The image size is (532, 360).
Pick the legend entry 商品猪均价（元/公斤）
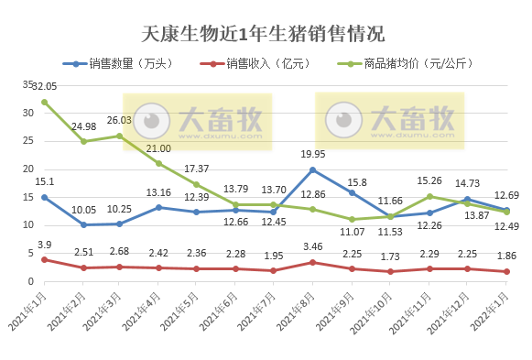417,64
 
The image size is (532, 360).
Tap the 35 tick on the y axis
27,84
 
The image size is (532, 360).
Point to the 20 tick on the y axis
27,169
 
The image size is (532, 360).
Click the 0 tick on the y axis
30,282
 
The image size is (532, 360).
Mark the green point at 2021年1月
44,102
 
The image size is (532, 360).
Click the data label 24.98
83,125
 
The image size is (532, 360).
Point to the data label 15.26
429,180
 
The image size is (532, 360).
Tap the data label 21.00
158,148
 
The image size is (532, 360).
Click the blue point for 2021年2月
82,225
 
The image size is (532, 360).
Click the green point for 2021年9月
352,220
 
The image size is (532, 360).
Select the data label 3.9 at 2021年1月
44,245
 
